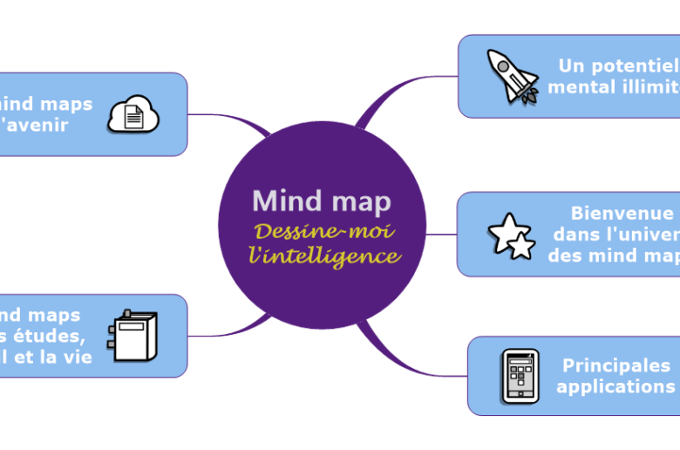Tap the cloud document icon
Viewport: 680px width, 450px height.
point(133,113)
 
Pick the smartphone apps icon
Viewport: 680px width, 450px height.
point(520,376)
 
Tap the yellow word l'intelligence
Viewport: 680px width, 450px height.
point(324,256)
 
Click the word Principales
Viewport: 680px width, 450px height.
point(616,365)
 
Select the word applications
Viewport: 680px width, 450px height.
point(616,386)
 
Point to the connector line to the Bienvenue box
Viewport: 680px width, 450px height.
point(441,235)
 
